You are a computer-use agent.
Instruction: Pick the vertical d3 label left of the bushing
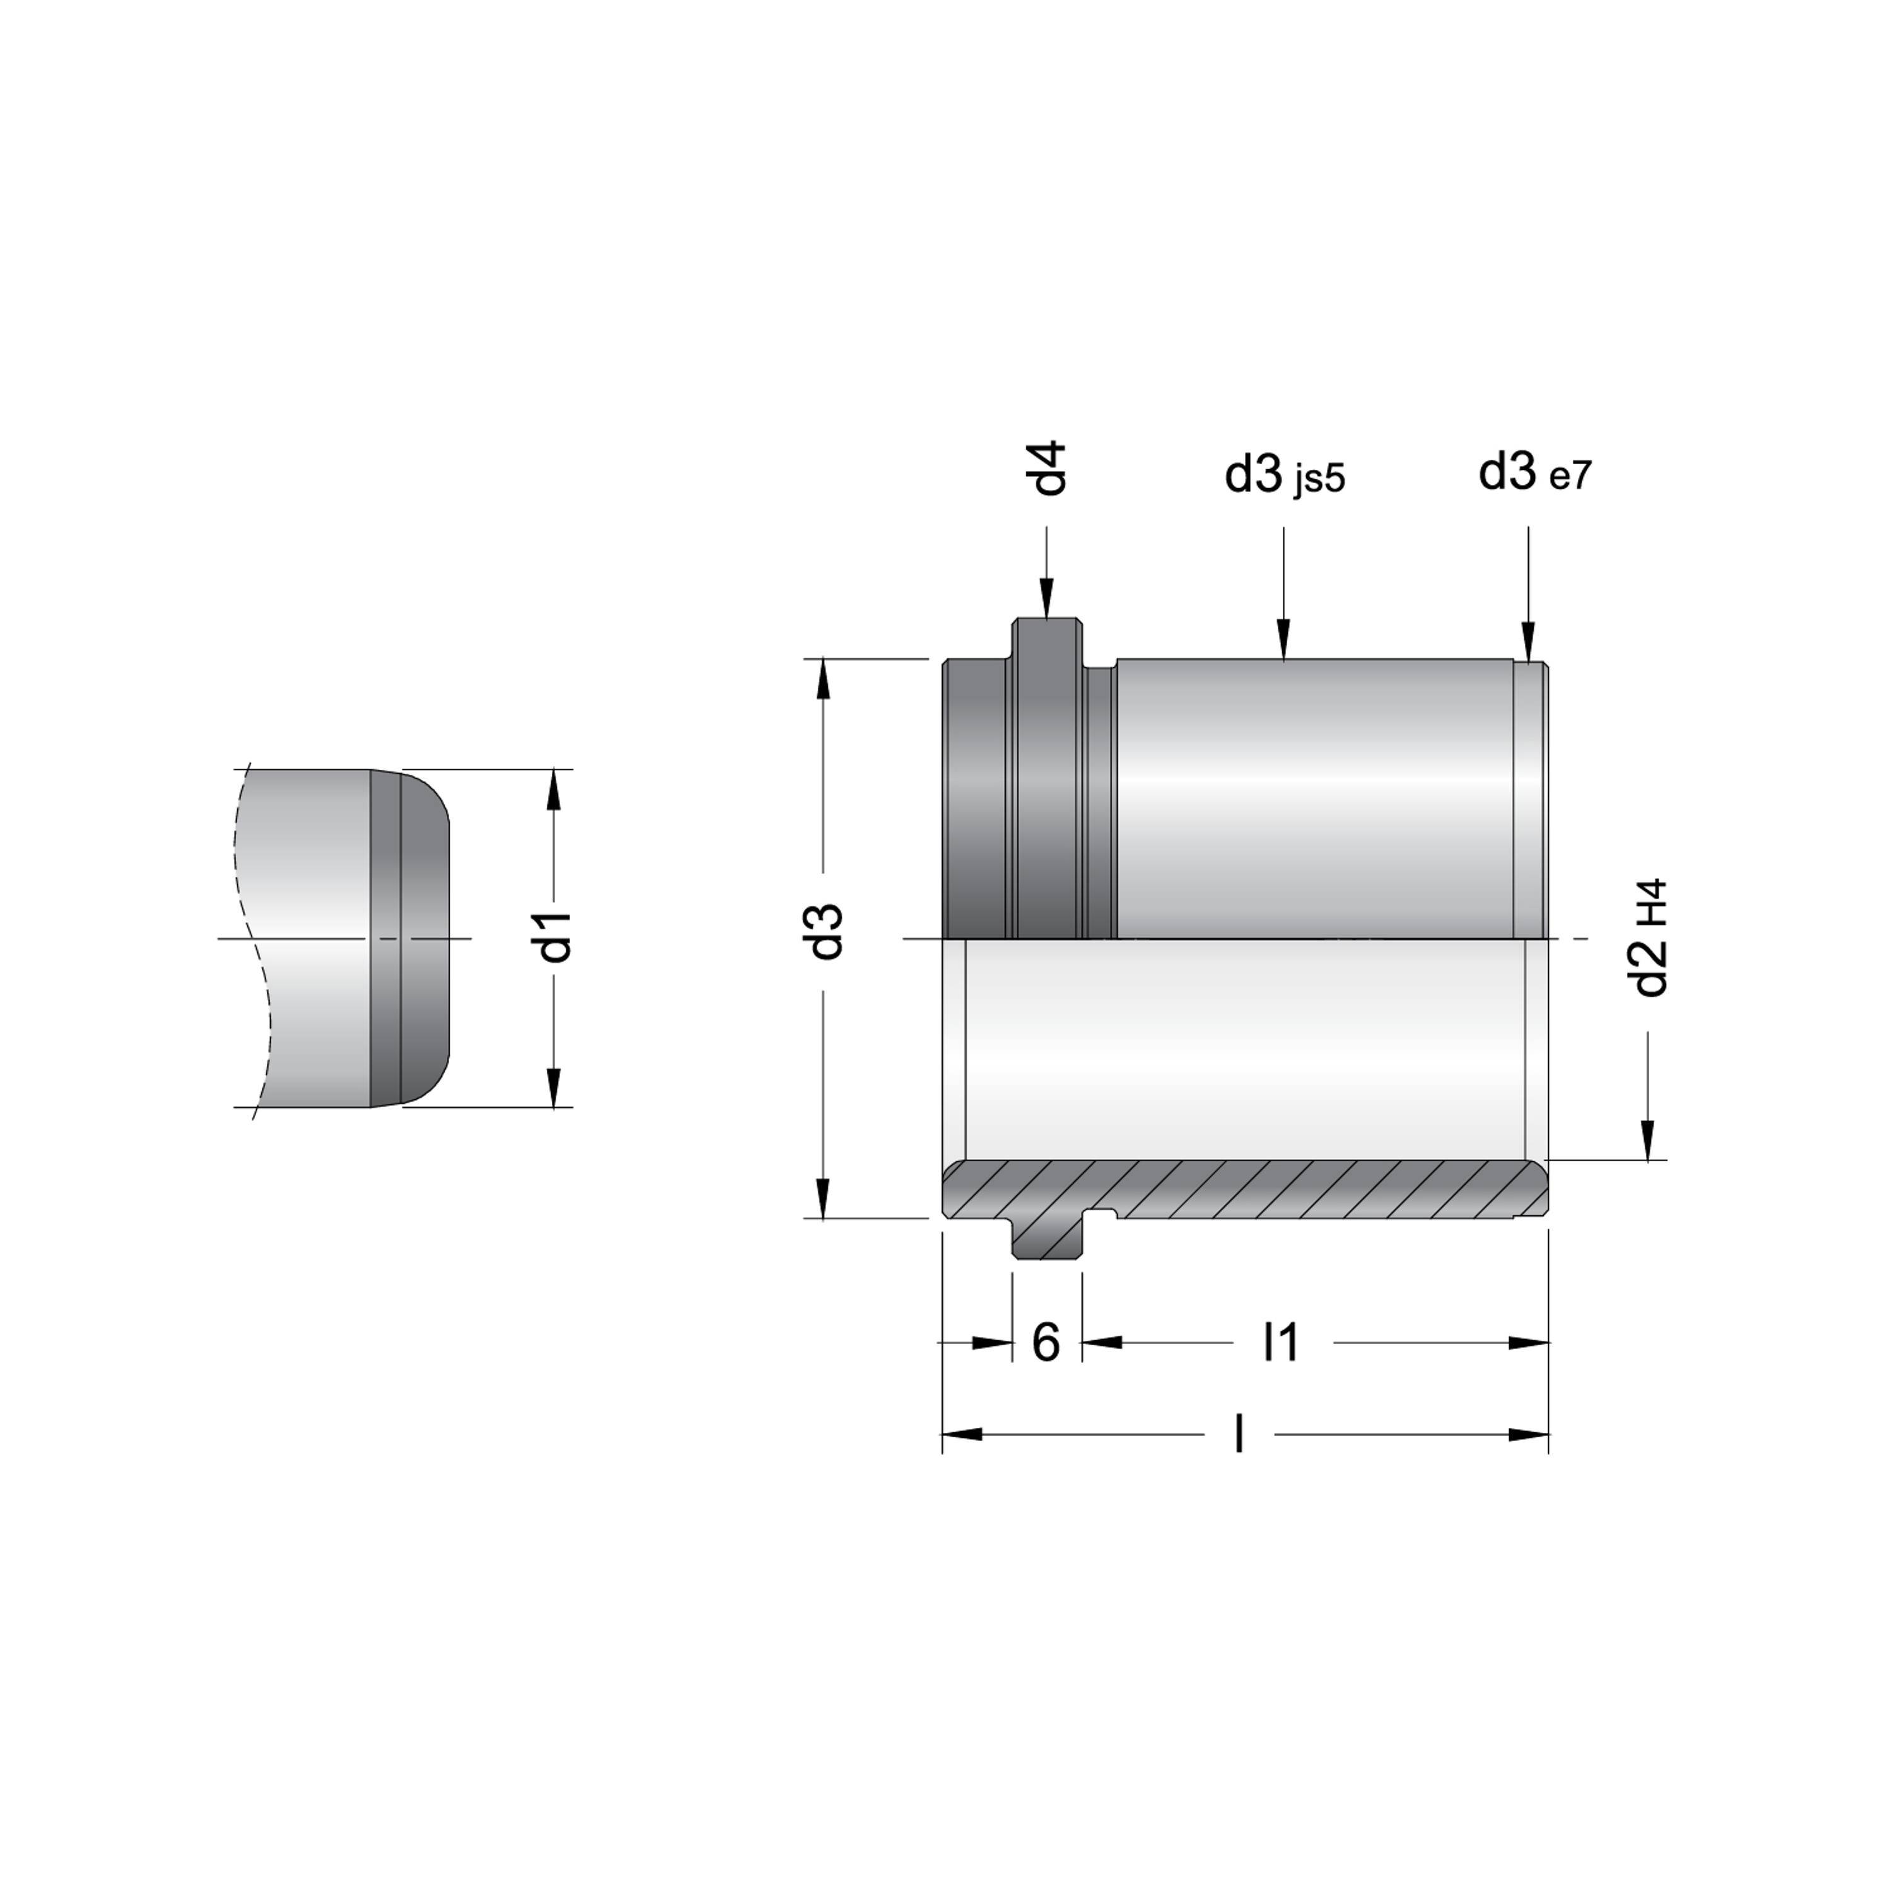coord(829,931)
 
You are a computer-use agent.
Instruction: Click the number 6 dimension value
coord(1046,1343)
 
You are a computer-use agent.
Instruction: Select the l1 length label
coord(1281,1341)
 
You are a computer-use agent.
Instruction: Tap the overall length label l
coord(1240,1435)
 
